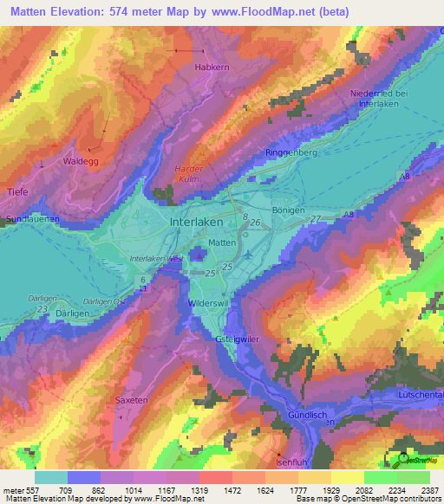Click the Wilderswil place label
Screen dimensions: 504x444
[207, 305]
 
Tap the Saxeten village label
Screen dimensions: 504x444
[132, 400]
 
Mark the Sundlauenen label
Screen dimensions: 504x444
[32, 220]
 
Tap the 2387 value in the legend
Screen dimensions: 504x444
[430, 489]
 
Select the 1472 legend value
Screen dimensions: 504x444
[230, 489]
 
